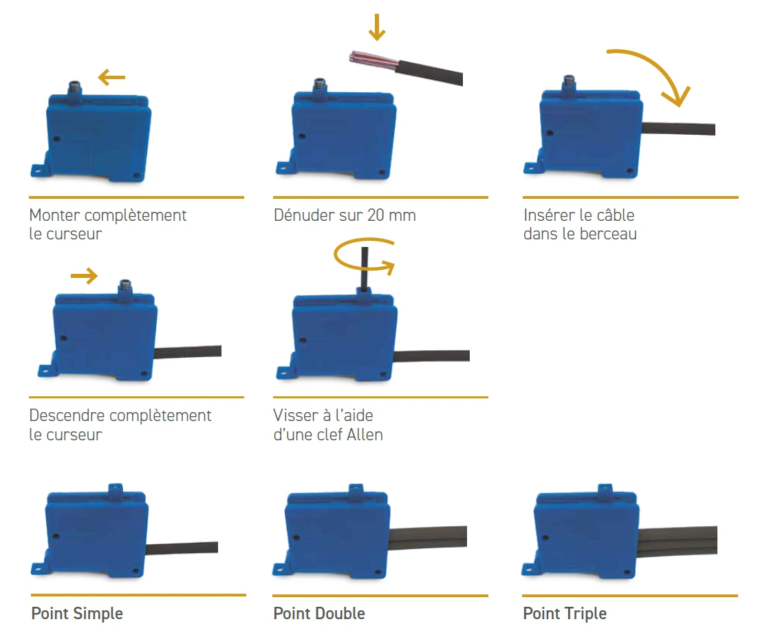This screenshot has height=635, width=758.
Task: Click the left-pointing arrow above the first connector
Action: coord(111,78)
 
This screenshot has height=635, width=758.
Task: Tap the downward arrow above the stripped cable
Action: coord(377,26)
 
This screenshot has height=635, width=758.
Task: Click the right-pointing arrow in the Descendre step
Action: coord(85,277)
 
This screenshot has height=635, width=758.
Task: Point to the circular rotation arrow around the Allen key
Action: coord(363,256)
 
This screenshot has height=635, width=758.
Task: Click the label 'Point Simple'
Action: coord(77,613)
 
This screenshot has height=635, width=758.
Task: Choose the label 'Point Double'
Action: coord(319,613)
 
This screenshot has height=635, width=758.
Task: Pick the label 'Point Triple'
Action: coord(565,613)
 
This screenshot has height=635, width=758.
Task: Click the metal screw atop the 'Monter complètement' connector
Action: coord(74,88)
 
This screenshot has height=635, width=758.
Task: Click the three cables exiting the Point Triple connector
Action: coord(680,539)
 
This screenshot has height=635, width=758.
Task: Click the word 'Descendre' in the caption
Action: coord(67,416)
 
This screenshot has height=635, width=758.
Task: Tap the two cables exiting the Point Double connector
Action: coord(430,538)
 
